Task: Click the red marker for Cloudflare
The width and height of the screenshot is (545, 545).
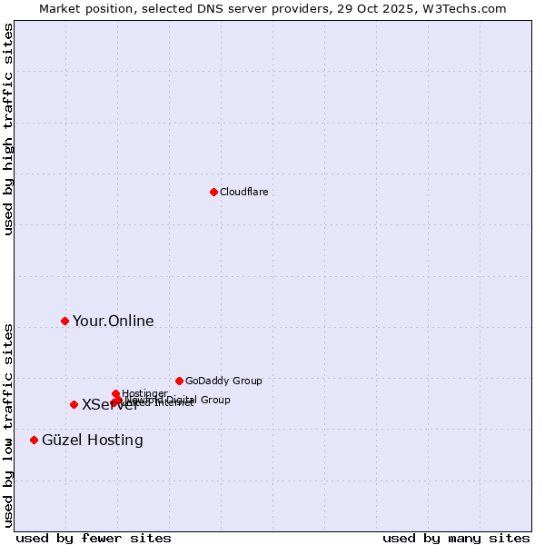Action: click(x=213, y=192)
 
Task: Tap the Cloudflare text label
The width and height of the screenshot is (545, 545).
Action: click(x=243, y=193)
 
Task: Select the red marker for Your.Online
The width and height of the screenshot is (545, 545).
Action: click(x=64, y=321)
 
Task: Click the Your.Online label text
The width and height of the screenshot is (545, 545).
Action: click(x=114, y=322)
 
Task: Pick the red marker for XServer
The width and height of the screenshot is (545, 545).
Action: click(x=74, y=404)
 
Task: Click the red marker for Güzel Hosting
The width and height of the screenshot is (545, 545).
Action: click(x=34, y=440)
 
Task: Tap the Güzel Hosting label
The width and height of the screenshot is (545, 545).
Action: click(x=93, y=441)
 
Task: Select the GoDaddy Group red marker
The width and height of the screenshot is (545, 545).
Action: click(x=179, y=381)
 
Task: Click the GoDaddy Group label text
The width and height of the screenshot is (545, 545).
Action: click(x=223, y=381)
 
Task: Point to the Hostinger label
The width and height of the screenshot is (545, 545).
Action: click(x=145, y=393)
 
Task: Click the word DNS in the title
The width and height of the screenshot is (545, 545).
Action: click(x=199, y=9)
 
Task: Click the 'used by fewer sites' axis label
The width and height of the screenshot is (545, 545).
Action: click(x=94, y=539)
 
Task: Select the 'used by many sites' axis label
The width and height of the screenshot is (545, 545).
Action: click(x=456, y=539)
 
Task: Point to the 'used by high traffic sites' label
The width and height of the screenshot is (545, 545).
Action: click(x=9, y=129)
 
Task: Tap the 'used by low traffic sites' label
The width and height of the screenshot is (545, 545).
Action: click(x=9, y=425)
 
